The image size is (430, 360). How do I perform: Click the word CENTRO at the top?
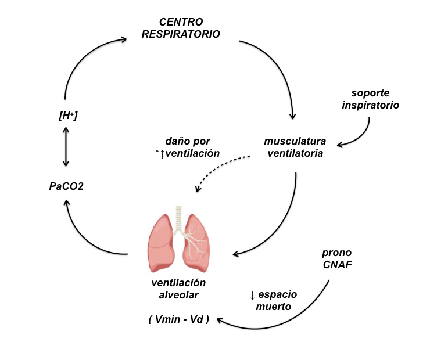(181, 22)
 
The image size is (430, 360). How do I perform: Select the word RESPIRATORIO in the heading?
(181, 34)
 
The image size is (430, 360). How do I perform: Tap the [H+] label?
(68, 116)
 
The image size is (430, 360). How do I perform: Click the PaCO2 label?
(67, 186)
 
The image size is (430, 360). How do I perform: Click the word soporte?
(371, 93)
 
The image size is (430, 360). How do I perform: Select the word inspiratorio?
(371, 105)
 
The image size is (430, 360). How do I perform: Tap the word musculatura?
(295, 141)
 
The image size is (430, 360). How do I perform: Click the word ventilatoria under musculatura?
(295, 154)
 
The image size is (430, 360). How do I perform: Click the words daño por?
(188, 141)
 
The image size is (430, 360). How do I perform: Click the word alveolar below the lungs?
(179, 294)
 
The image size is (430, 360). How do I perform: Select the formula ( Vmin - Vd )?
(178, 319)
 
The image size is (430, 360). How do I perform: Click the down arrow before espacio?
(252, 295)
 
